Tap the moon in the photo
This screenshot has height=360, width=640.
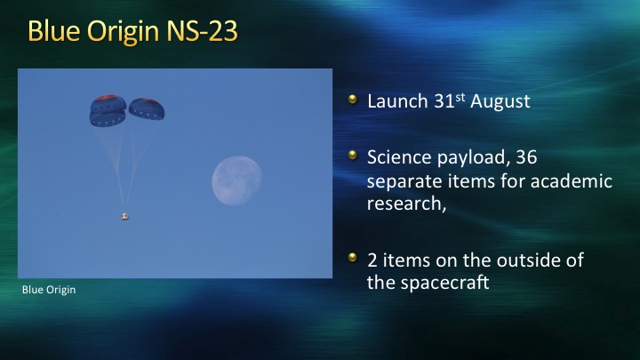pyautogui.click(x=236, y=180)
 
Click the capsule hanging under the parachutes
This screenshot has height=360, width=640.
pyautogui.click(x=125, y=216)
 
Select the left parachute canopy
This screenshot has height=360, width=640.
pyautogui.click(x=108, y=111)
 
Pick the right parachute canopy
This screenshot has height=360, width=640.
pyautogui.click(x=147, y=109)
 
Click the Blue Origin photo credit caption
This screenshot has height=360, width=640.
pyautogui.click(x=49, y=290)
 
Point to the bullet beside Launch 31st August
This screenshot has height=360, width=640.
pyautogui.click(x=353, y=100)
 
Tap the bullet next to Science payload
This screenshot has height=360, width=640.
pyautogui.click(x=353, y=155)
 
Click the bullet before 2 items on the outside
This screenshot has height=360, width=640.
pyautogui.click(x=353, y=258)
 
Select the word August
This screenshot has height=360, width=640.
pyautogui.click(x=500, y=101)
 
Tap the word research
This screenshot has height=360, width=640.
pyautogui.click(x=404, y=204)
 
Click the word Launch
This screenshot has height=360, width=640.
pyautogui.click(x=397, y=101)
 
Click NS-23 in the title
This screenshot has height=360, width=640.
pyautogui.click(x=203, y=31)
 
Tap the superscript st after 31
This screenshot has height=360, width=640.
pyautogui.click(x=460, y=97)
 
